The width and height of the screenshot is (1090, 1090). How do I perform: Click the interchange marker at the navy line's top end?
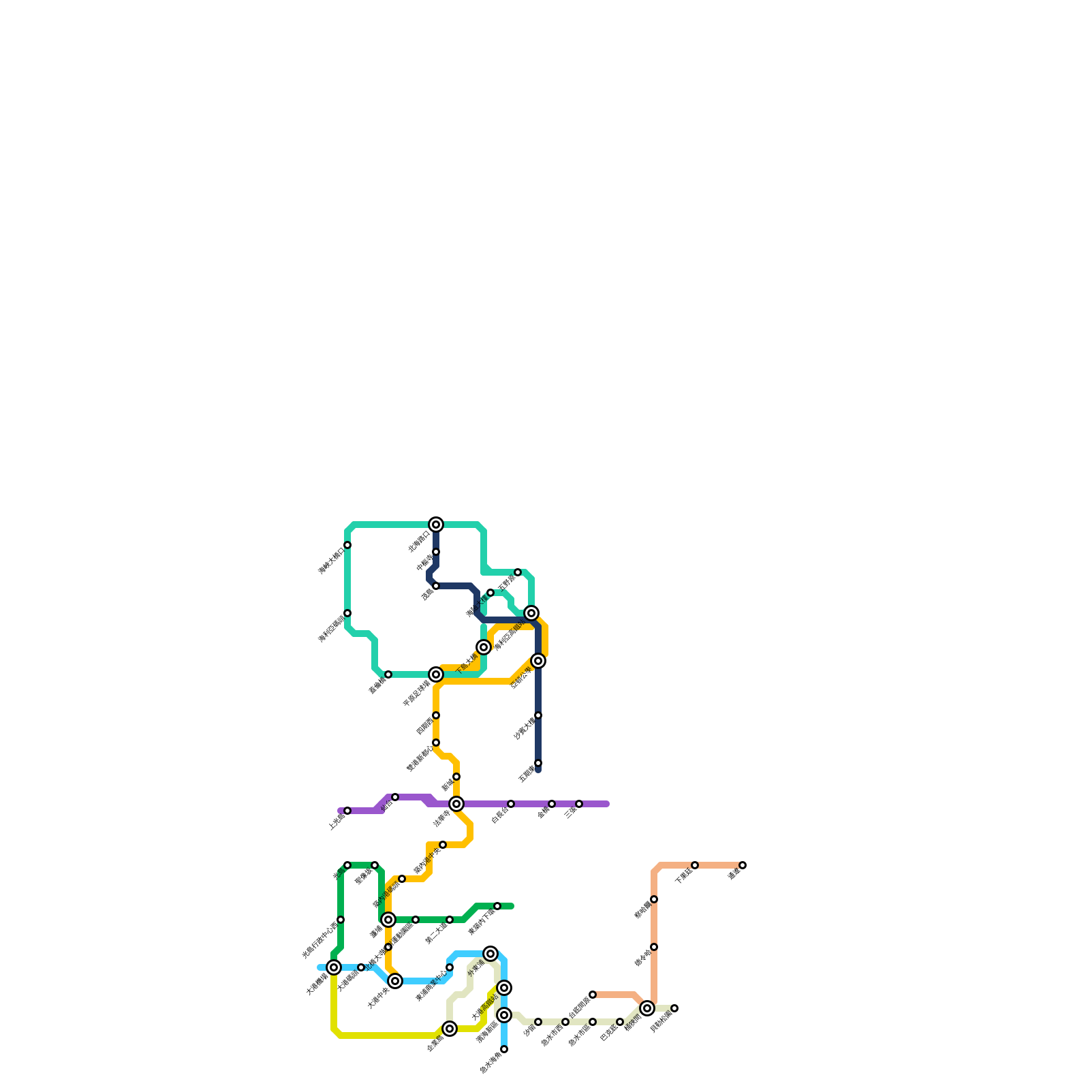(436, 525)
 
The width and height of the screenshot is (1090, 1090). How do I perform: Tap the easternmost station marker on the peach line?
(743, 865)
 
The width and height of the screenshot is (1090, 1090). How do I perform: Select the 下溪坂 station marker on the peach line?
(695, 865)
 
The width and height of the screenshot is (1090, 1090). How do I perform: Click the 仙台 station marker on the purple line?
(395, 797)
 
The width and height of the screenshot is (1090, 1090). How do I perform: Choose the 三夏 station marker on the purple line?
(579, 804)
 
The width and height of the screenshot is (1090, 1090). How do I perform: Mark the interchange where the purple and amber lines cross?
(456, 804)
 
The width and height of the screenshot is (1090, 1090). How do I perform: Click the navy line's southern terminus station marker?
(538, 763)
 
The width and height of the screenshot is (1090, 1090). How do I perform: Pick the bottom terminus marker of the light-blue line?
(504, 1049)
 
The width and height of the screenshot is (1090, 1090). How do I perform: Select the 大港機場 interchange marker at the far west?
(334, 967)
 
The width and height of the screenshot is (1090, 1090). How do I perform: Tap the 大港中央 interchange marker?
(395, 981)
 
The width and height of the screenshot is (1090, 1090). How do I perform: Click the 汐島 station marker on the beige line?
(538, 1022)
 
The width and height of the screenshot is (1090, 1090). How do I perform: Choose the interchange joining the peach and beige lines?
(647, 1008)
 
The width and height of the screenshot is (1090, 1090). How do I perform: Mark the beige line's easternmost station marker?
(674, 1008)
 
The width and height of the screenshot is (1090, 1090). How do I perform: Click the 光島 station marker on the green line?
(347, 865)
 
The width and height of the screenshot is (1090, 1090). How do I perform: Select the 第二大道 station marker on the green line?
(450, 920)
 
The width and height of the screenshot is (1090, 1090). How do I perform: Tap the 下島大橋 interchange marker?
(484, 647)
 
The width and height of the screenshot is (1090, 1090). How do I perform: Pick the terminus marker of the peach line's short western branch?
(593, 995)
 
